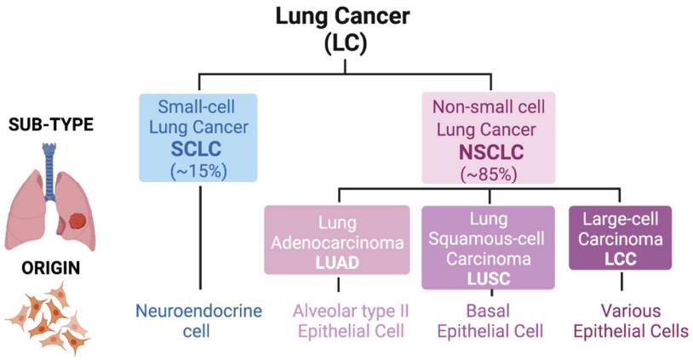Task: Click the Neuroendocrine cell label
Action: tap(198, 321)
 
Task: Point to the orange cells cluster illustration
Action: tap(47, 315)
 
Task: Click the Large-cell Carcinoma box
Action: tap(621, 238)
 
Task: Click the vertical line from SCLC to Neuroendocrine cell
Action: tap(198, 238)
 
